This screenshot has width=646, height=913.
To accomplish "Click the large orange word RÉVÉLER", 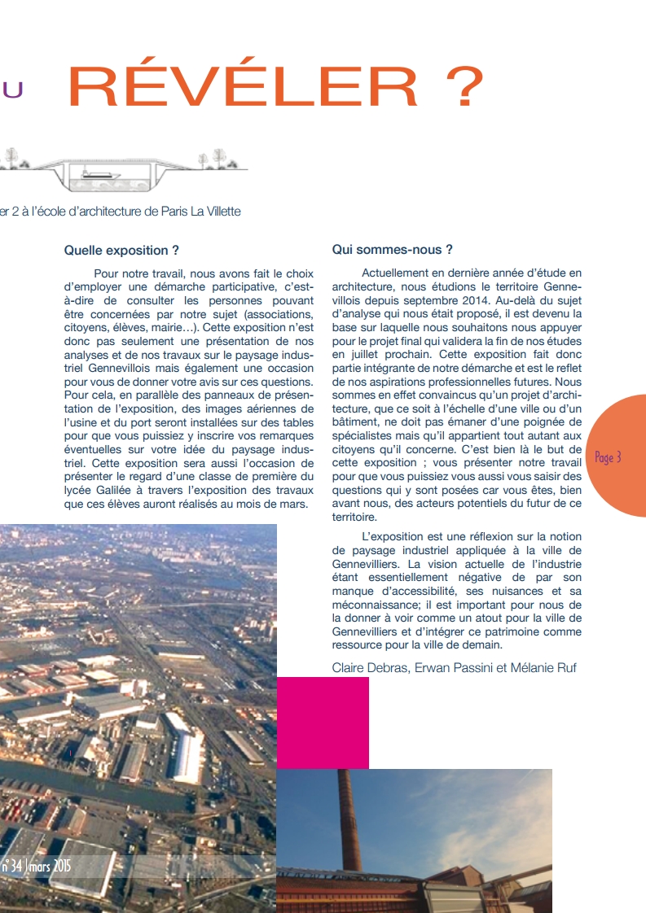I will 245,87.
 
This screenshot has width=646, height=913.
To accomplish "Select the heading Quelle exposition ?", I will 121,251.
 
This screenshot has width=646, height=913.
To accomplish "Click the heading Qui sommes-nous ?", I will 392,250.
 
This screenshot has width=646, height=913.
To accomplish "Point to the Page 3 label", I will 608,457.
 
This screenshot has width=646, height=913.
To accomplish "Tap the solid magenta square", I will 323,723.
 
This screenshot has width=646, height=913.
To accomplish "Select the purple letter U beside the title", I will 12,90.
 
